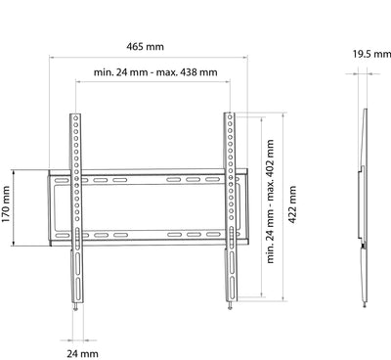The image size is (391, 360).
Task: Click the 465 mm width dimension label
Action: point(145,47)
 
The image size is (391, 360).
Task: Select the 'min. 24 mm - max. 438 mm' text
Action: point(155,72)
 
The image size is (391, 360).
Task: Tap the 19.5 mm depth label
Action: point(371,54)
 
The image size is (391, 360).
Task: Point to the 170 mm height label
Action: point(6,204)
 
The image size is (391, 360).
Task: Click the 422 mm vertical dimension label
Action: point(292,204)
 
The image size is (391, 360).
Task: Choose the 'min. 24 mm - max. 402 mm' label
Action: point(270,202)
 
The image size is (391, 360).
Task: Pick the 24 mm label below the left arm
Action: point(82,353)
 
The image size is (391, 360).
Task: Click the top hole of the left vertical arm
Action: point(75,117)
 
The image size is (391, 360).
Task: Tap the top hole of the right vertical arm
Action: point(230,117)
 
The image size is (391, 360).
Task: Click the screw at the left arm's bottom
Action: point(76,307)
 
